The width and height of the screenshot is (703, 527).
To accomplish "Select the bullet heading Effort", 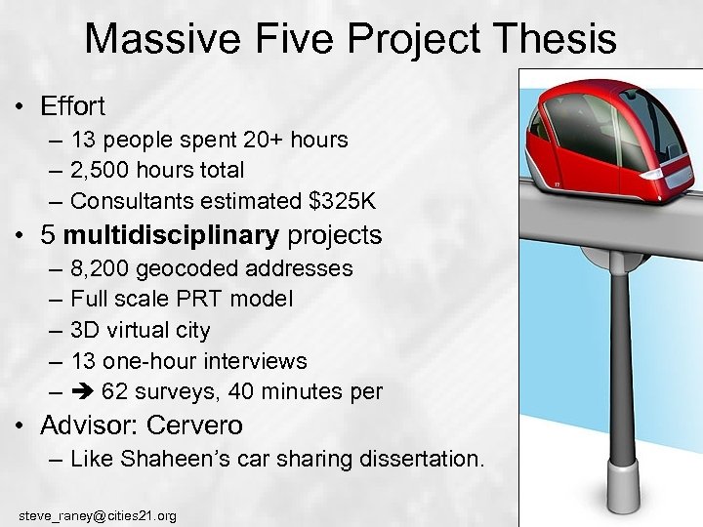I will tap(72, 105).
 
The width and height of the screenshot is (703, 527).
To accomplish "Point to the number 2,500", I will tap(103, 170).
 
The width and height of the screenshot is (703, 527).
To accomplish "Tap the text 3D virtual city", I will tap(140, 330).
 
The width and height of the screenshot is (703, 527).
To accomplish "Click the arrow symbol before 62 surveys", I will tap(81, 392).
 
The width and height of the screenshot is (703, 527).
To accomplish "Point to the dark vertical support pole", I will tap(620, 361).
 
